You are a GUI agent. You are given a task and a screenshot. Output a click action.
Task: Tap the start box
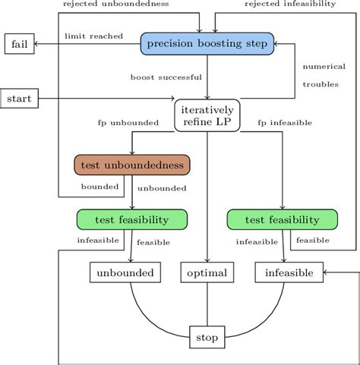tap(20, 98)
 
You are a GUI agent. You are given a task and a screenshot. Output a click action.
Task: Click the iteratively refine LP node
tap(207, 115)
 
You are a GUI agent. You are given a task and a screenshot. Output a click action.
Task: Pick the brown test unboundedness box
tap(132, 165)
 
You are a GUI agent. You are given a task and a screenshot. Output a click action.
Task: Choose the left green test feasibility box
tap(132, 219)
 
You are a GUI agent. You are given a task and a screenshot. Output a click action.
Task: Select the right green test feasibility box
tap(283, 219)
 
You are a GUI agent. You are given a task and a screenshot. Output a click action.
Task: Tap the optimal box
tap(207, 272)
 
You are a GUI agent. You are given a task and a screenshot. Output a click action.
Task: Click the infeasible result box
tap(288, 272)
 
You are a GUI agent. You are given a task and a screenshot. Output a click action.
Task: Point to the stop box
tap(207, 336)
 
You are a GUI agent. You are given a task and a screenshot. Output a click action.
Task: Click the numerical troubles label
tap(324, 75)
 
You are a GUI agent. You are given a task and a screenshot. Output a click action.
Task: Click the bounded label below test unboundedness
tap(99, 187)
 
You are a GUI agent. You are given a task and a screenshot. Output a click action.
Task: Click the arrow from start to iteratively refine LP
tap(106, 99)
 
